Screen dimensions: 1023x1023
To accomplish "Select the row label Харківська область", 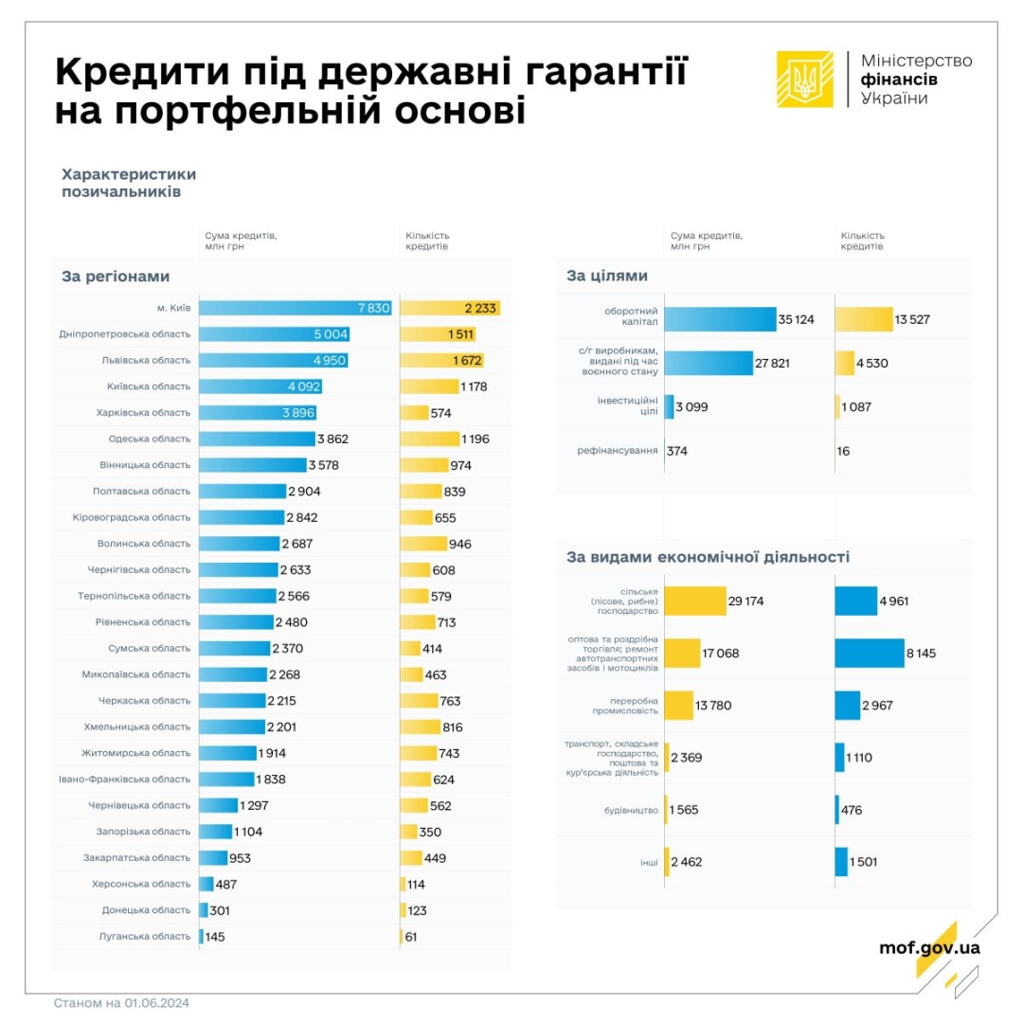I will pyautogui.click(x=143, y=413).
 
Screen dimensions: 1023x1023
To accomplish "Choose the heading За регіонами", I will pyautogui.click(x=116, y=277).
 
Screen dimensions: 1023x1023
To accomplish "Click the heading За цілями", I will pyautogui.click(x=607, y=277).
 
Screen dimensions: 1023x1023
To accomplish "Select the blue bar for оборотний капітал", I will pyautogui.click(x=719, y=319).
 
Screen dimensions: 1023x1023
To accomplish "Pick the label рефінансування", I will pyautogui.click(x=618, y=451).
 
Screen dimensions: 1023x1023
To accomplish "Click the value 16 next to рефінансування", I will pyautogui.click(x=843, y=451).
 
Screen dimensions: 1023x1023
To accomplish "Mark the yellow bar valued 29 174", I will pyautogui.click(x=695, y=601).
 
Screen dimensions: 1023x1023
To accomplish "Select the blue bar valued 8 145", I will pyautogui.click(x=870, y=654).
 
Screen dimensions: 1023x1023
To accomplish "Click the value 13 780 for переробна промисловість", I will pyautogui.click(x=712, y=706).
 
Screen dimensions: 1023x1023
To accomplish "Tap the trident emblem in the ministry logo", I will pyautogui.click(x=805, y=79).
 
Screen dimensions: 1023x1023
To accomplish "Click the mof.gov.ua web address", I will pyautogui.click(x=930, y=947).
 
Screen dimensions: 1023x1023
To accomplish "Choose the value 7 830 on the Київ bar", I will pyautogui.click(x=368, y=308).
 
